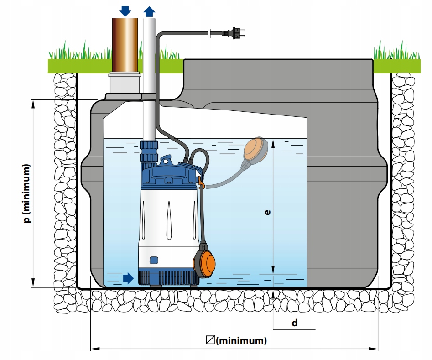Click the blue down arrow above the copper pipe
(125, 11)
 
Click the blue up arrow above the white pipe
(149, 11)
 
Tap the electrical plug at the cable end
(234, 33)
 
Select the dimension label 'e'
(267, 212)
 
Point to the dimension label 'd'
(295, 323)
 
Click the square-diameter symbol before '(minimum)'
(210, 340)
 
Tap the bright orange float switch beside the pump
(204, 260)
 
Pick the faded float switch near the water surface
(257, 150)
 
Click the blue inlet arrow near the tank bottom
(128, 278)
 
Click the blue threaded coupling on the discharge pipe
(149, 151)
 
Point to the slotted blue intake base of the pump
(169, 277)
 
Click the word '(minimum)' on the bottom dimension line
(241, 341)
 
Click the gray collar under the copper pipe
(125, 83)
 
